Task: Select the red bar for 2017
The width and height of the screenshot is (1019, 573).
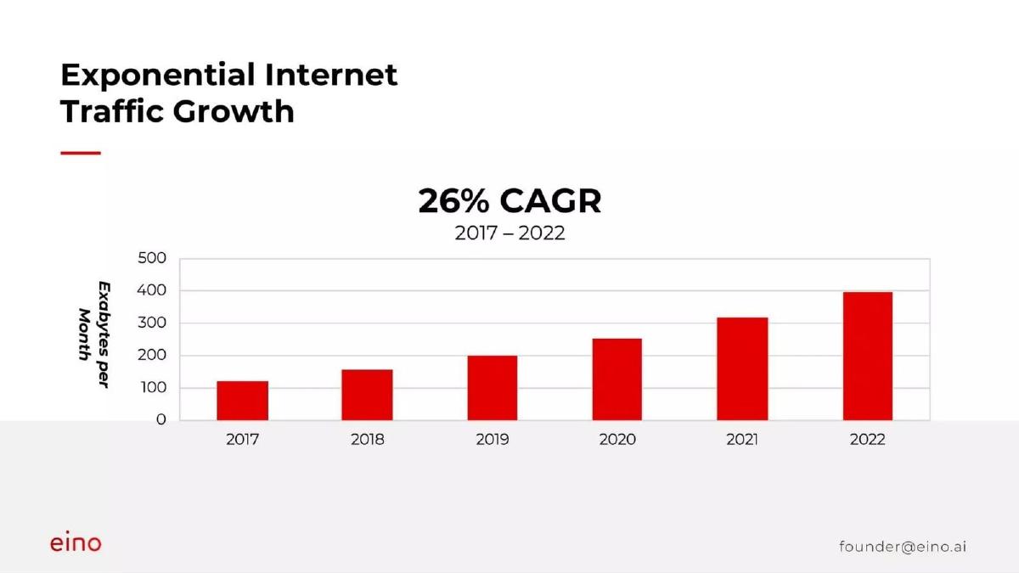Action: [x=243, y=401]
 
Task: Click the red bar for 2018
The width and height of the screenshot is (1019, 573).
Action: [x=367, y=395]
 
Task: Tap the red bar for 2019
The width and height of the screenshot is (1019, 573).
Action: [x=493, y=388]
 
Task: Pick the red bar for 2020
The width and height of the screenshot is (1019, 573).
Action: [x=616, y=379]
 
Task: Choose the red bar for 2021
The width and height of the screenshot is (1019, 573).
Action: [x=742, y=368]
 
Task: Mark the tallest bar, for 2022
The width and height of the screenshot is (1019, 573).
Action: [x=868, y=356]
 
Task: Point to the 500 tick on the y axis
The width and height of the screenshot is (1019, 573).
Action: [x=152, y=258]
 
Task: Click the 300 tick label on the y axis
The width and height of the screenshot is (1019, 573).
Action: [x=152, y=323]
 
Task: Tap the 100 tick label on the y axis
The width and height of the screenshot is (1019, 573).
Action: [x=154, y=388]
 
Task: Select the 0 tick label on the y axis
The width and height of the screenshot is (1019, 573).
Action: [x=161, y=419]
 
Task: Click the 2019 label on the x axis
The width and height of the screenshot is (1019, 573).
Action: [x=493, y=440]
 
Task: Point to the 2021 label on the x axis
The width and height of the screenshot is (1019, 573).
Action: [x=742, y=440]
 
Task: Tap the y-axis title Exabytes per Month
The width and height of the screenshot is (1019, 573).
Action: [x=94, y=334]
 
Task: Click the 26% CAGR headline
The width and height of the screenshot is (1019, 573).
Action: [x=509, y=201]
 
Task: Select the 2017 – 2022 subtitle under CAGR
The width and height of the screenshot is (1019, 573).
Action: [x=509, y=233]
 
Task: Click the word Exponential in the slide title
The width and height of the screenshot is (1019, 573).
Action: [x=158, y=76]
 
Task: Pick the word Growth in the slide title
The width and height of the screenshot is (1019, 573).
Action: [x=234, y=111]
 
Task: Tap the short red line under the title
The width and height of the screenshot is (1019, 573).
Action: [x=81, y=154]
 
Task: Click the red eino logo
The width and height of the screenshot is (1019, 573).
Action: [x=76, y=542]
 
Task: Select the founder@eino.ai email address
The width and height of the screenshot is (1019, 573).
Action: [x=903, y=546]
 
